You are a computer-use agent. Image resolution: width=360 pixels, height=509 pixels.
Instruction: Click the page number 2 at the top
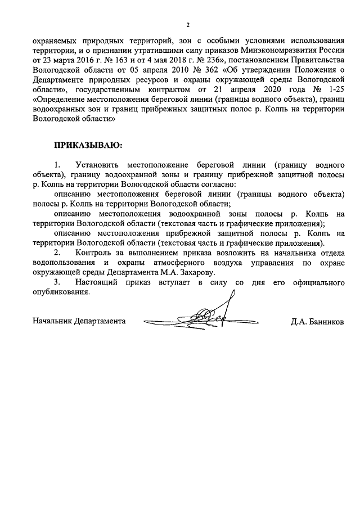click(x=188, y=25)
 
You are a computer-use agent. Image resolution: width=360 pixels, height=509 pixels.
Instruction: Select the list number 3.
click(x=56, y=282)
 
